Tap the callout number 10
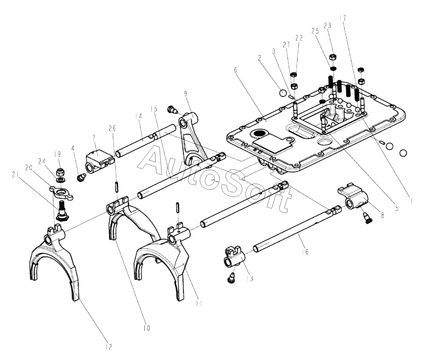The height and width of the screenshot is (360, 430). pos(146,328)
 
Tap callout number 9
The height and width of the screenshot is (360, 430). pos(185,95)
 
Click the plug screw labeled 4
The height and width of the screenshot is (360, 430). pos(81,177)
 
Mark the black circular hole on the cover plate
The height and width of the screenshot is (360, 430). pos(259,134)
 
